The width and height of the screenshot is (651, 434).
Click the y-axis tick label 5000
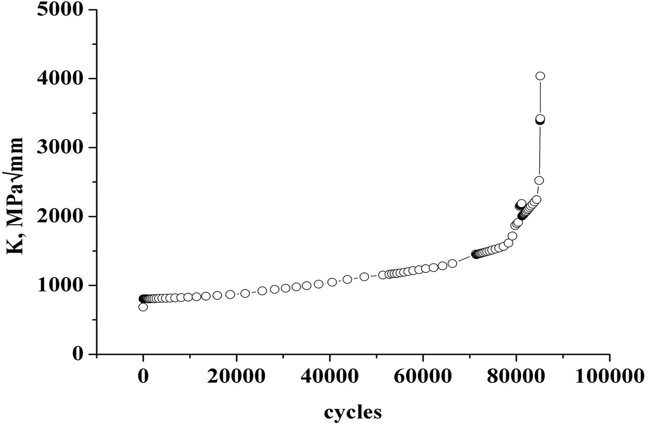click(x=59, y=10)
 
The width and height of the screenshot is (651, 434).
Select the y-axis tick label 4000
click(x=59, y=79)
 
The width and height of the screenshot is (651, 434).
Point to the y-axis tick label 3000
click(x=59, y=148)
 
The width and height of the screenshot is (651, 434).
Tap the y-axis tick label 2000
click(x=59, y=216)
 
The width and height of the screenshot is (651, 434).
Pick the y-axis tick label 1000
click(x=59, y=285)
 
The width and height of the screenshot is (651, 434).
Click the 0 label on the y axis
click(x=78, y=354)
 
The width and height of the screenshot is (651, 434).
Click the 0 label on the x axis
click(x=143, y=376)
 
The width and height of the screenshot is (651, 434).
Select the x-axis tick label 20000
click(x=236, y=376)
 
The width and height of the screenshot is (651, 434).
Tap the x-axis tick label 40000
click(x=330, y=376)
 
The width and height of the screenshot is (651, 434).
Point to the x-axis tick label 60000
click(x=423, y=376)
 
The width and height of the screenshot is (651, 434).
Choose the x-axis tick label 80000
click(x=516, y=376)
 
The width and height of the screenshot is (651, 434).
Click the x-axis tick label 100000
click(x=609, y=376)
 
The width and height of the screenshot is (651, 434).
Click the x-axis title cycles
click(x=353, y=412)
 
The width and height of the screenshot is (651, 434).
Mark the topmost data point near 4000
click(x=540, y=76)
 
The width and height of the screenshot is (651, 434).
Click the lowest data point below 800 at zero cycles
click(x=143, y=307)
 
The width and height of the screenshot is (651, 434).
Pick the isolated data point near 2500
click(x=539, y=181)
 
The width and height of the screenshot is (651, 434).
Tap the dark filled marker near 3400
click(x=539, y=120)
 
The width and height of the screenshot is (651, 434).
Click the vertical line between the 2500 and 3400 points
click(x=539, y=150)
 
